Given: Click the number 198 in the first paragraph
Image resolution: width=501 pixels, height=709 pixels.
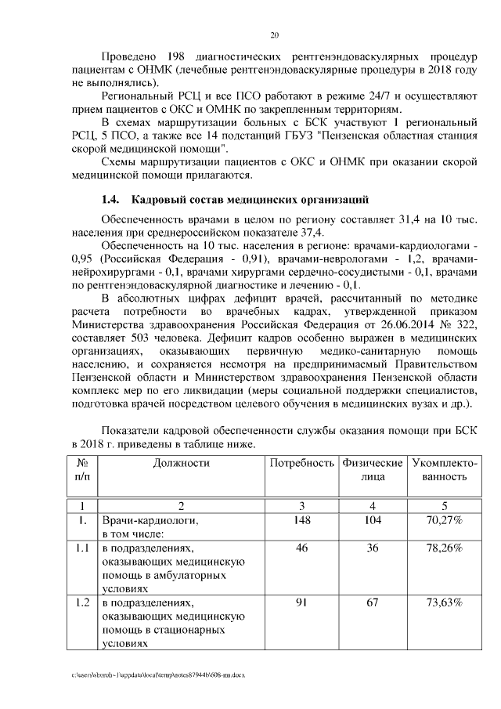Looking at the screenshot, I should click(x=178, y=58).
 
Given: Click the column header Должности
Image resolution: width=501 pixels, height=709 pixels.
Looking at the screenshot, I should click(x=182, y=463).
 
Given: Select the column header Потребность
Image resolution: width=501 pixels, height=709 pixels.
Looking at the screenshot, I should click(x=301, y=463).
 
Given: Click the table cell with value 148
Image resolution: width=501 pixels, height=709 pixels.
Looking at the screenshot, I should click(x=301, y=520).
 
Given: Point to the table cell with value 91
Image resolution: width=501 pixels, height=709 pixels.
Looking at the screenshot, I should click(x=301, y=603).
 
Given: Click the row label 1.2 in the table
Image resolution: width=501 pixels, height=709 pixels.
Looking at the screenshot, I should click(x=82, y=603).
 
